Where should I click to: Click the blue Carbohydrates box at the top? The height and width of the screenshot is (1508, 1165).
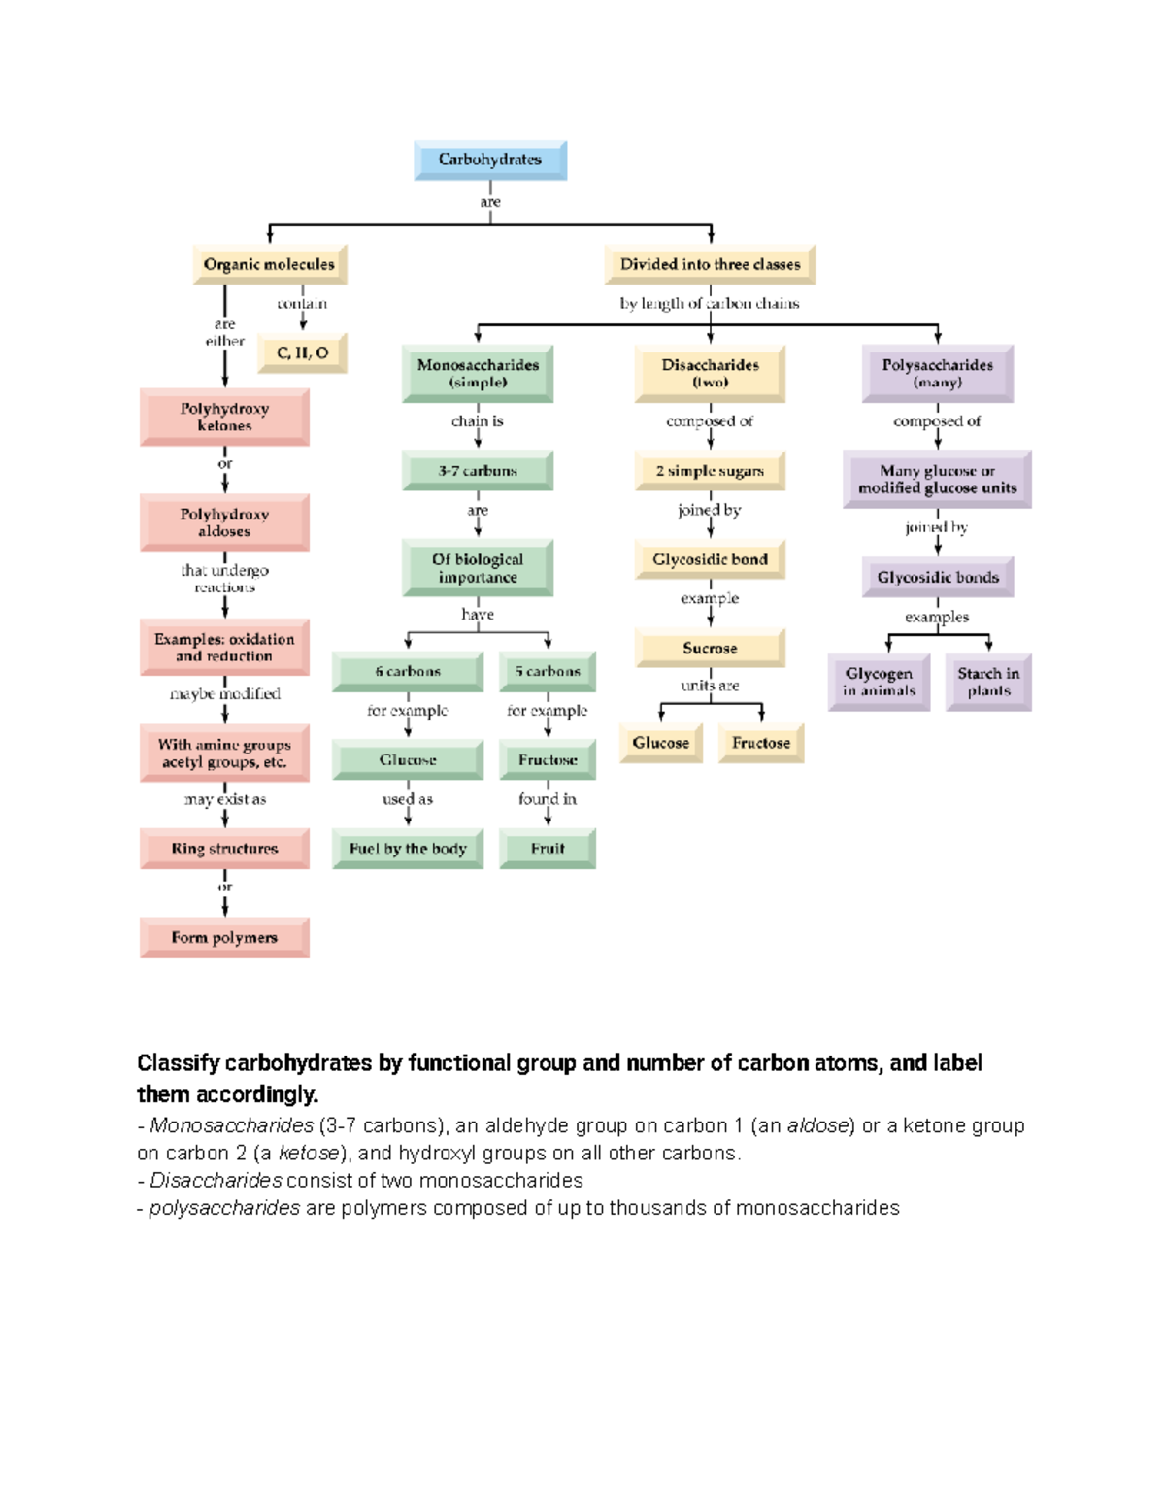[x=490, y=160]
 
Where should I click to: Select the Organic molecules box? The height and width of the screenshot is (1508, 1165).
[x=269, y=264]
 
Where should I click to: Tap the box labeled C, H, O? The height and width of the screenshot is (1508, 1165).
[x=302, y=353]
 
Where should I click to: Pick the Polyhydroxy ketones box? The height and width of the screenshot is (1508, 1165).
[x=224, y=418]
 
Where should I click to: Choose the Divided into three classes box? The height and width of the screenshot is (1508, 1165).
[x=710, y=264]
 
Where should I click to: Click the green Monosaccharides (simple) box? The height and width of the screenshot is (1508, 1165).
[x=478, y=374]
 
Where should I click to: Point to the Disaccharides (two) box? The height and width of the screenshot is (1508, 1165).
[x=710, y=374]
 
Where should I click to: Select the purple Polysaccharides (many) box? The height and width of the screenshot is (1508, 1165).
[x=937, y=374]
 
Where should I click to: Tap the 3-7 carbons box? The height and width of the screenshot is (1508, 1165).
[x=478, y=471]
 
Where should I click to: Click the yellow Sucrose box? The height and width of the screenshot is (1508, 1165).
[x=710, y=648]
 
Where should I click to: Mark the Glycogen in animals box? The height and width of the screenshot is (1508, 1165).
[x=879, y=682]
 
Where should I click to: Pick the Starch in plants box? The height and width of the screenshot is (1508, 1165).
[x=988, y=682]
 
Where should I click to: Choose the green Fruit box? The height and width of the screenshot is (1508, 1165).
[x=548, y=849]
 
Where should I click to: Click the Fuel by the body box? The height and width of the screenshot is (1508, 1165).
[x=408, y=849]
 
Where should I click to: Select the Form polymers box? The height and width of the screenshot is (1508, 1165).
[x=224, y=938]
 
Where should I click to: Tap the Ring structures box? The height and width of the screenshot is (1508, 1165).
[x=224, y=849]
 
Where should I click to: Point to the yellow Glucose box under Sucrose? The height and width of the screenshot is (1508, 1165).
[x=660, y=743]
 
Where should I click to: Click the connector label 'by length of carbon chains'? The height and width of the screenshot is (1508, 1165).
[x=710, y=304]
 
